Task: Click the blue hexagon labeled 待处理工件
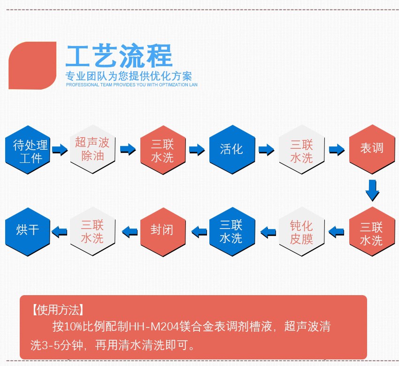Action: (x=28, y=150)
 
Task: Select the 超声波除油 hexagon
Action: (x=92, y=149)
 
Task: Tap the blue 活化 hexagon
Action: (x=232, y=149)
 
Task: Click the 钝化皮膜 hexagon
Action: (x=301, y=232)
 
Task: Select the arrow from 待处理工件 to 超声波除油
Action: (x=60, y=150)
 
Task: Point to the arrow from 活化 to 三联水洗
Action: (x=266, y=150)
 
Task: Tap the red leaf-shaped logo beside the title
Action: (x=32, y=66)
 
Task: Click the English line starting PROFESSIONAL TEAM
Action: (x=131, y=85)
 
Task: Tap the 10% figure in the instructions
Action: (x=73, y=327)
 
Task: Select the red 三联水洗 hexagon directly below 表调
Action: (x=372, y=232)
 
